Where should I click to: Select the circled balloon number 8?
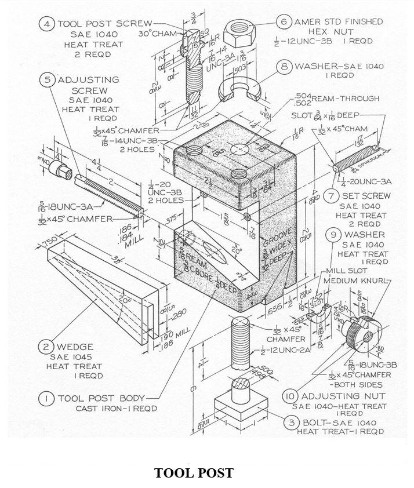[284, 66]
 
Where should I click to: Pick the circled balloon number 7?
[330, 196]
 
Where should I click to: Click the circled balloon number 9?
[333, 235]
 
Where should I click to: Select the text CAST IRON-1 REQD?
[117, 409]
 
